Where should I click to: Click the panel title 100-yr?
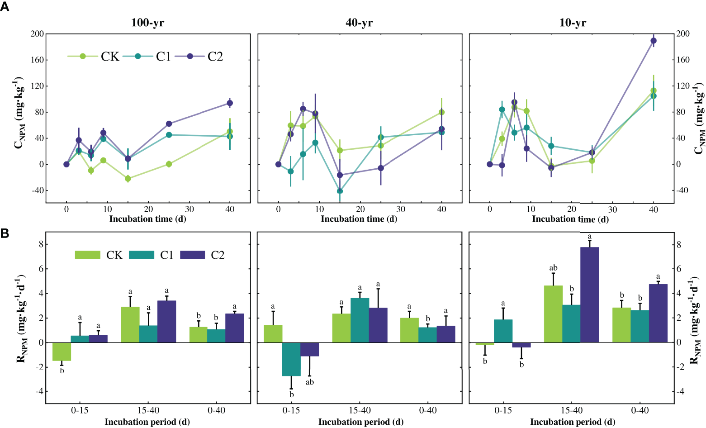[x=147, y=23]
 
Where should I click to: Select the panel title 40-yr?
[x=359, y=23]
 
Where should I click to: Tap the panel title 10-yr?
[x=573, y=23]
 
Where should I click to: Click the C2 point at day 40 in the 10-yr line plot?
[x=653, y=41]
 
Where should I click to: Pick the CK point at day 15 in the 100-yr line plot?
[x=128, y=179]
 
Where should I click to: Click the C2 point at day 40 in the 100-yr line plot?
[x=230, y=103]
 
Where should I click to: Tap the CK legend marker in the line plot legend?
[x=83, y=56]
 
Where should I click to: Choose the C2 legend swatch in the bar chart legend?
[x=193, y=255]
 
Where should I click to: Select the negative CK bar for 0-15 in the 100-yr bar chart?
[x=62, y=352]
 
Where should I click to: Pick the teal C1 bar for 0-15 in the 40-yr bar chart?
[x=291, y=359]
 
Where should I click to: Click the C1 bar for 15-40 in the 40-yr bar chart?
[x=360, y=320]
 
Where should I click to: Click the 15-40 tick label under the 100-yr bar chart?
[x=148, y=410]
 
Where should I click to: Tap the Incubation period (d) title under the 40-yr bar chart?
[x=360, y=422]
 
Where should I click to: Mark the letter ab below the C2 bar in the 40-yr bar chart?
[x=310, y=382]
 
